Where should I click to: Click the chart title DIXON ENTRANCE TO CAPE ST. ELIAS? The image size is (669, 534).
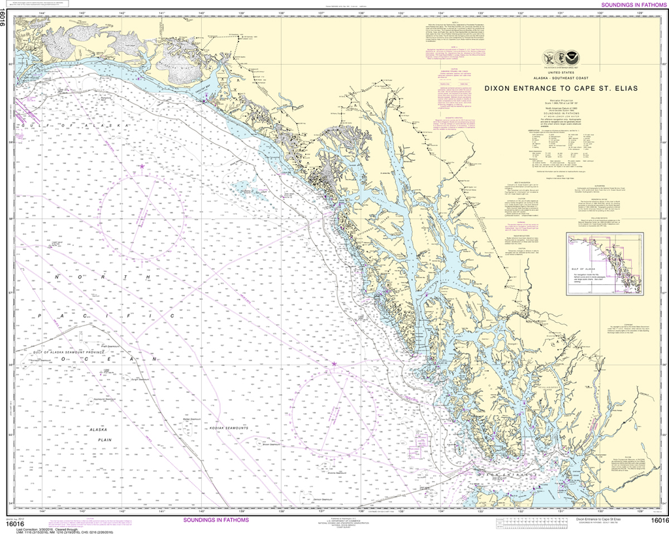pyautogui.click(x=561, y=87)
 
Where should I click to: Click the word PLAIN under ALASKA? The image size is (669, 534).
pyautogui.click(x=105, y=440)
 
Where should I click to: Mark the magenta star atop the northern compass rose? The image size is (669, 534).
pyautogui.click(x=142, y=167)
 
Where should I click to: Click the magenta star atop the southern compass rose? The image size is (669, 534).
pyautogui.click(x=334, y=363)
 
